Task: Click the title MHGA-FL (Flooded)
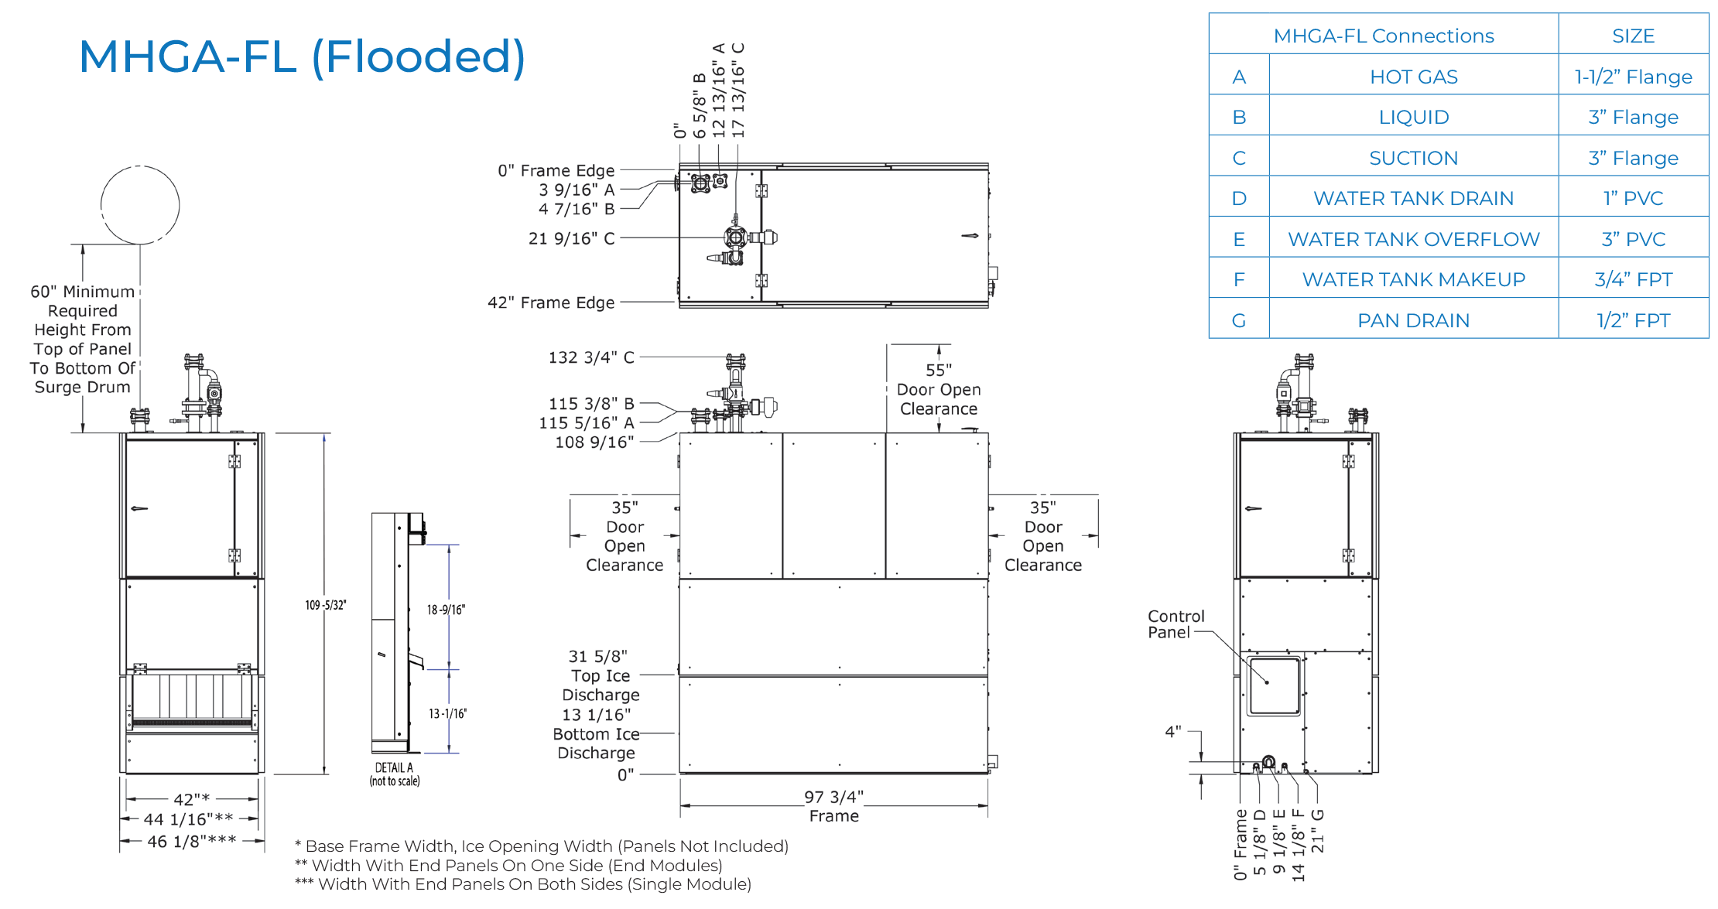tap(302, 57)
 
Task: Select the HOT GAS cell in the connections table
tap(1413, 77)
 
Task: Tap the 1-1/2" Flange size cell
tap(1633, 77)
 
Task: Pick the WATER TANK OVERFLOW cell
tap(1413, 239)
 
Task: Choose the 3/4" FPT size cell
tap(1633, 279)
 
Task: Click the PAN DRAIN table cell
tap(1413, 320)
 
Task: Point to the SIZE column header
tap(1633, 36)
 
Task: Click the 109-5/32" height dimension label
tap(326, 605)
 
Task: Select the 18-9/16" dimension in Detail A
tap(446, 610)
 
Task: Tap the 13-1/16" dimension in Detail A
tap(448, 713)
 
